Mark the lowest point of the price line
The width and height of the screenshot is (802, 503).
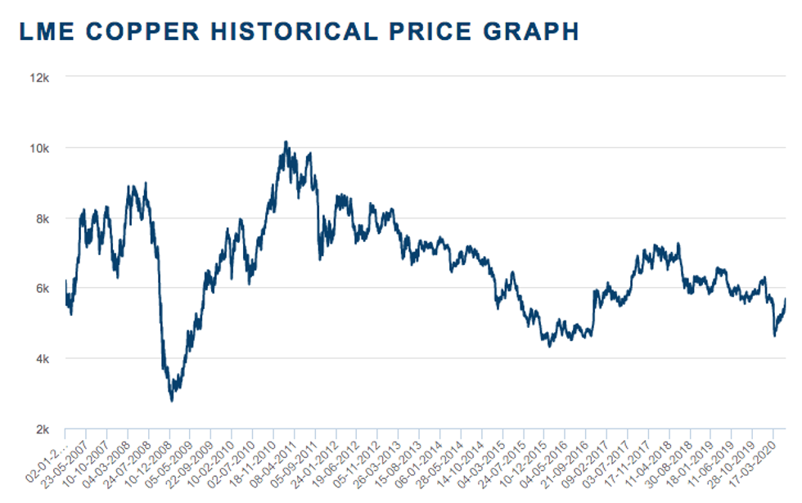[x=172, y=400]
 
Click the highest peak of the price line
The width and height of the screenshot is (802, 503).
[x=285, y=141]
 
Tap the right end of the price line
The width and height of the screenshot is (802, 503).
[x=786, y=299]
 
